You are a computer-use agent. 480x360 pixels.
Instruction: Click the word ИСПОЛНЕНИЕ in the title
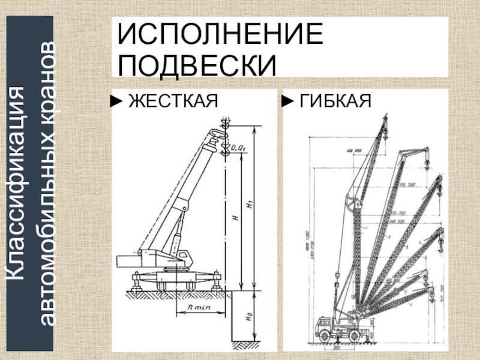pos(220,37)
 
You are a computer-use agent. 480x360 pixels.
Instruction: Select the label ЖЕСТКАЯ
pos(172,101)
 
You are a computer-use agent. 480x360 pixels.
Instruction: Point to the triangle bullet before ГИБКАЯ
pos(290,101)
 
